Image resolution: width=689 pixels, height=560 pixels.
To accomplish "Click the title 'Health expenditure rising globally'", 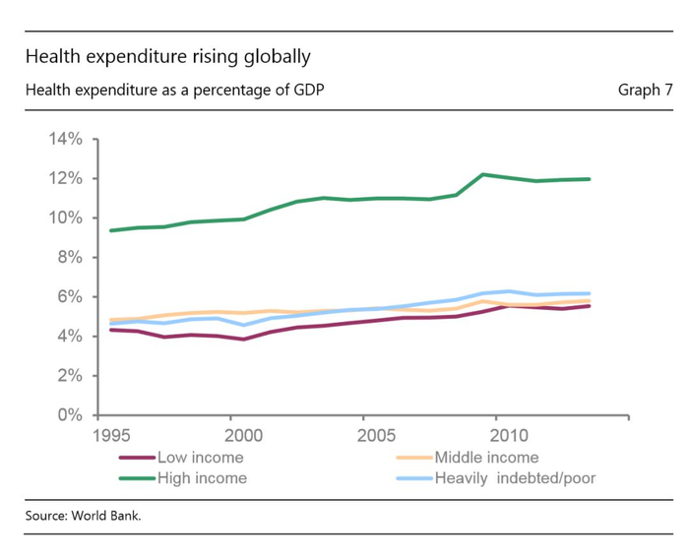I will pos(167,56).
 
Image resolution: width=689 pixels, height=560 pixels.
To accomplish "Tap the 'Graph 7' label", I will pos(645,91).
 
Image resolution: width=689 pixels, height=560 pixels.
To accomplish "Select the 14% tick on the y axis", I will pos(63,139).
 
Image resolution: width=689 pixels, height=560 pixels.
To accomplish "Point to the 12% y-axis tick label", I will pos(63,178).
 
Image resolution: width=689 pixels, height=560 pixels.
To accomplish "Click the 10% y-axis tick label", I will pos(63,218).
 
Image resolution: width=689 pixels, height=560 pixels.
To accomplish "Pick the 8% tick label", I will pos(68,257).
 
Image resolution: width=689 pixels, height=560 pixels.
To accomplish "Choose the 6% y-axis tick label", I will pos(68,296).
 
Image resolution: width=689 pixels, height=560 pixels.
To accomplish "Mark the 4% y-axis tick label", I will pos(68,336).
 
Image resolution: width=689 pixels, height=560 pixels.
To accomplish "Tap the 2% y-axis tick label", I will pos(68,375).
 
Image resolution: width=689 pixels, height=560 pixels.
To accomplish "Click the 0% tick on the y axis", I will pos(68,414).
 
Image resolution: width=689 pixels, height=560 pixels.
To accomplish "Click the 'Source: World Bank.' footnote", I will pos(84,515).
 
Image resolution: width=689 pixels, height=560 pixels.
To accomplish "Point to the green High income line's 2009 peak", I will pos(483,174).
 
